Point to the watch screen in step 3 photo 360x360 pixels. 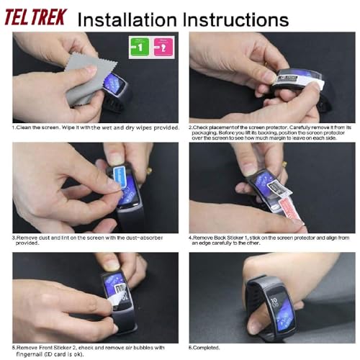click(x=128, y=191)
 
